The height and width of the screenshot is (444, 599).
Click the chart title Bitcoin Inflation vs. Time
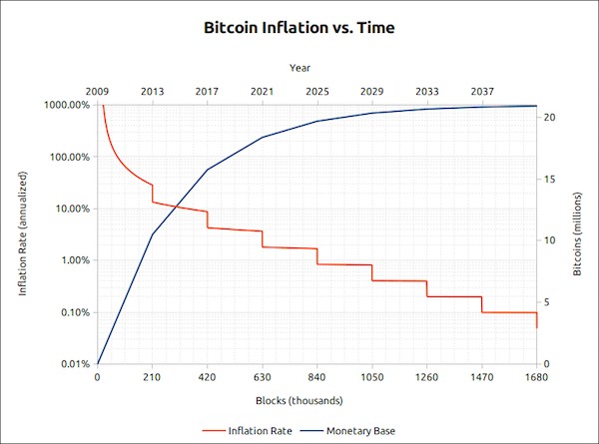click(x=299, y=28)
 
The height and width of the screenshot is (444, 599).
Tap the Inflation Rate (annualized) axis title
click(x=22, y=234)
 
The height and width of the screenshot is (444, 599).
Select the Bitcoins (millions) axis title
click(x=577, y=234)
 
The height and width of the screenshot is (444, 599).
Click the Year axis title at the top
click(x=299, y=68)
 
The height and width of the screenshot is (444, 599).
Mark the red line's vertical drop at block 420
click(x=207, y=220)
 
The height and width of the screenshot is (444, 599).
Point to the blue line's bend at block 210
click(x=152, y=234)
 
